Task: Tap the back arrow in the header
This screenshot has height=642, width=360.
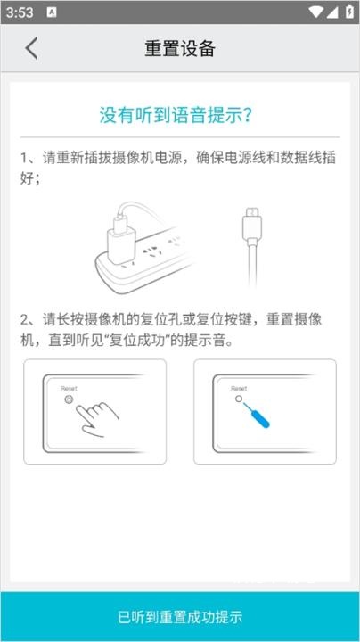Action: (x=32, y=48)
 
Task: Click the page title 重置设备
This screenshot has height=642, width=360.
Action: (x=180, y=48)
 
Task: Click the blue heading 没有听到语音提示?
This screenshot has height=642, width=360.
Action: (x=179, y=114)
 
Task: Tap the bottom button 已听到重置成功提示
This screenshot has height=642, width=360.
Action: (x=180, y=617)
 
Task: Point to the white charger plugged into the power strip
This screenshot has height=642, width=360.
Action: (x=119, y=234)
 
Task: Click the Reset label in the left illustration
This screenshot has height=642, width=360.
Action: (x=69, y=390)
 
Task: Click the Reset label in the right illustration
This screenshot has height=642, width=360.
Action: (x=239, y=389)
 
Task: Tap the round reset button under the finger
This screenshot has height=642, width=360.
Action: (x=70, y=401)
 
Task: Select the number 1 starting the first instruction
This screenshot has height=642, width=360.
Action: (x=25, y=158)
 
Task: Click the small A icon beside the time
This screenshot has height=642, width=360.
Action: (x=52, y=12)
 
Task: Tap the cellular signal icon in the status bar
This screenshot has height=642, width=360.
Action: (x=331, y=12)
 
